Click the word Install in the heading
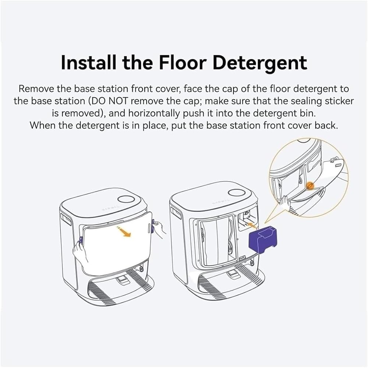tap(89, 63)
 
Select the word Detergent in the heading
tap(260, 63)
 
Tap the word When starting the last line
tap(42, 125)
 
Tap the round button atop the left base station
tap(126, 199)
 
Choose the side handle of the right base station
tap(176, 213)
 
